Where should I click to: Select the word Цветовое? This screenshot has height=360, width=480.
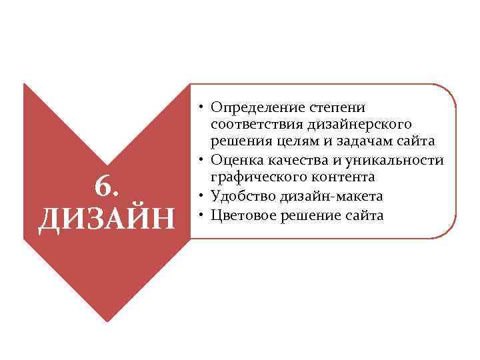click(243, 215)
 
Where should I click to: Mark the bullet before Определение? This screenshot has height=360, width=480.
click(201, 107)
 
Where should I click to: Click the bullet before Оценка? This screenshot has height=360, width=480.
click(201, 160)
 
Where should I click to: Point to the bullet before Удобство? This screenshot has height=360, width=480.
click(201, 195)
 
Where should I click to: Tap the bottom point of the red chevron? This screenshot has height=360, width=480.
click(107, 319)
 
